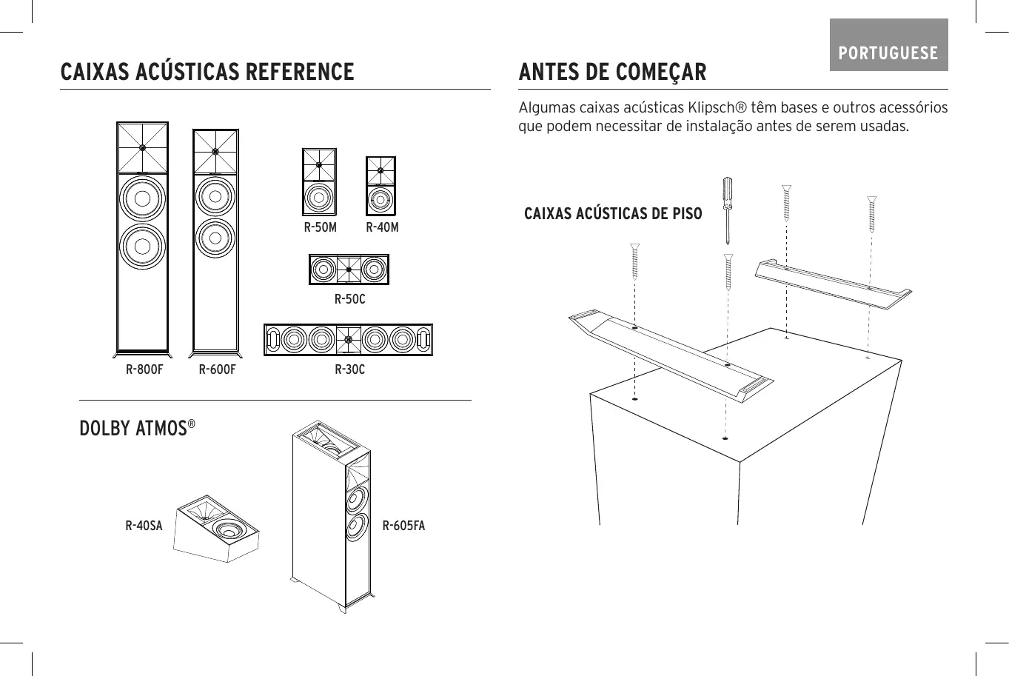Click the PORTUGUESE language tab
click(x=888, y=53)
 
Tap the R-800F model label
click(x=144, y=369)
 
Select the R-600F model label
click(x=217, y=369)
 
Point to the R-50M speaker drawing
click(x=319, y=182)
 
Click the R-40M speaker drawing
click(x=381, y=186)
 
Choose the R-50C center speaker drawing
click(x=349, y=270)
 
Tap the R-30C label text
click(x=349, y=369)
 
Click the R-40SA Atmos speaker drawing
click(x=217, y=527)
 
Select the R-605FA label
click(x=403, y=526)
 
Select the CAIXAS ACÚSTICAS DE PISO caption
click(x=613, y=214)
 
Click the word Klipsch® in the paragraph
click(x=715, y=108)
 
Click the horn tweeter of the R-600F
click(x=215, y=151)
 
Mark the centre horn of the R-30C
click(x=348, y=340)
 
